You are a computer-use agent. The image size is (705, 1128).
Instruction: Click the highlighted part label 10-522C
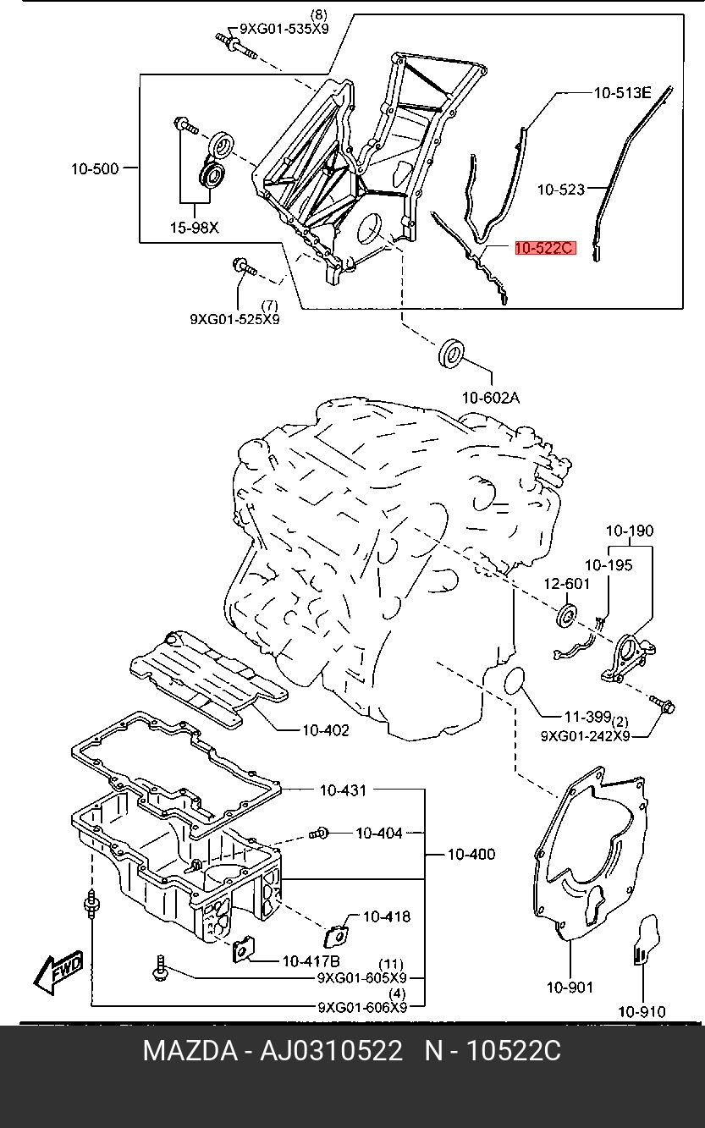(x=544, y=248)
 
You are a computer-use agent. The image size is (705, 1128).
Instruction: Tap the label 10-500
(x=94, y=169)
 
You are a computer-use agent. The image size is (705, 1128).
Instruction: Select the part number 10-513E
(x=621, y=94)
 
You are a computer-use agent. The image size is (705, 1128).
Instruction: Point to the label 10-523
(x=561, y=190)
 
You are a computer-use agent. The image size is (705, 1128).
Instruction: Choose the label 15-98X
(x=194, y=227)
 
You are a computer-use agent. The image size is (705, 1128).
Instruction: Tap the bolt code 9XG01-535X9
(x=284, y=28)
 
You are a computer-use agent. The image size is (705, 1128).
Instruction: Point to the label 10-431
(x=343, y=790)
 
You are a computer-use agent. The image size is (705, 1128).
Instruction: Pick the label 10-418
(x=387, y=916)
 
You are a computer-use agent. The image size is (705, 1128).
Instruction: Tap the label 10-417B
(x=311, y=960)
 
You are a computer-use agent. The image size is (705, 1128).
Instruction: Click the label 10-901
(x=570, y=987)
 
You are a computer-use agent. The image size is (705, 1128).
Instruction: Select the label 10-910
(x=642, y=1011)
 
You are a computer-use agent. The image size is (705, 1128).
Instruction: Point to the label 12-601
(x=566, y=583)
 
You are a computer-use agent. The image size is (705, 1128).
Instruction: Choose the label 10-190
(x=629, y=531)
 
